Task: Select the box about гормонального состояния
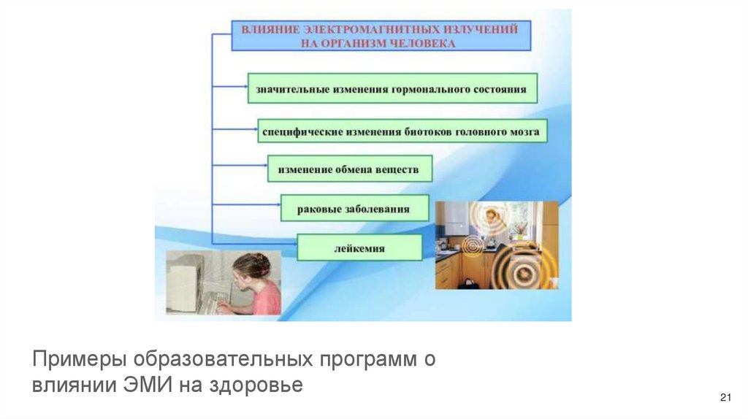coord(392,88)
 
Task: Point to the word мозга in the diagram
coord(524,132)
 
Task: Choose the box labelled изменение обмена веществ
coord(349,169)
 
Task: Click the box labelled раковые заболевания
coord(354,209)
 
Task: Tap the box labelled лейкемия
coord(359,248)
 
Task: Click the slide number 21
coord(725,397)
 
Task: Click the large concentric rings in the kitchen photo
coord(522,271)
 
